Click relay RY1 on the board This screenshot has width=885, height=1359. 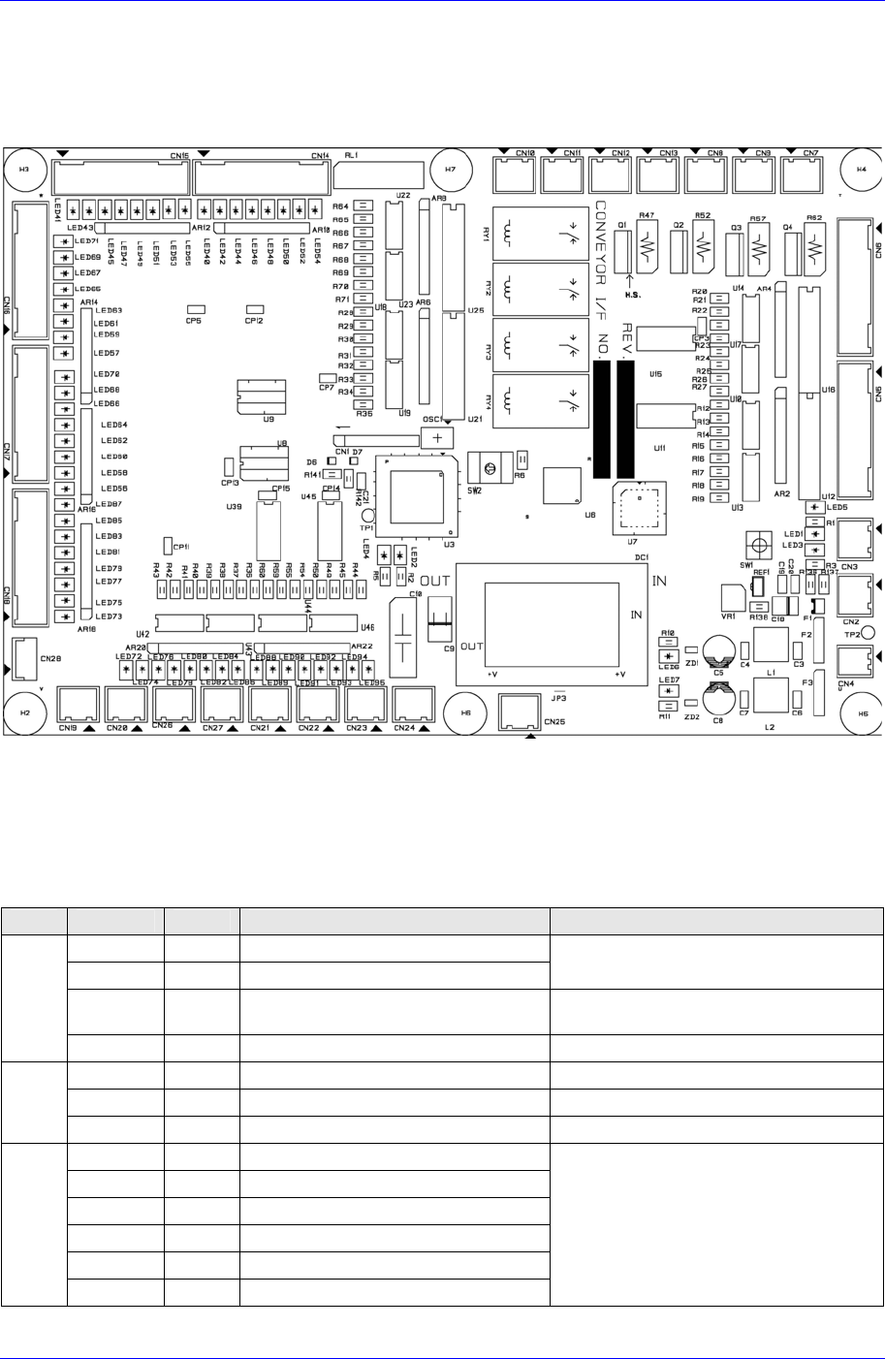coord(539,234)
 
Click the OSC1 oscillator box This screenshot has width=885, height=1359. coord(438,436)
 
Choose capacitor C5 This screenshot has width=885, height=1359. coord(718,649)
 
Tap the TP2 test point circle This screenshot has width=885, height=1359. coord(869,632)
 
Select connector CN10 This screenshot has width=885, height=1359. coord(514,175)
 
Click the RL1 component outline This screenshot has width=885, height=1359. coord(380,175)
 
